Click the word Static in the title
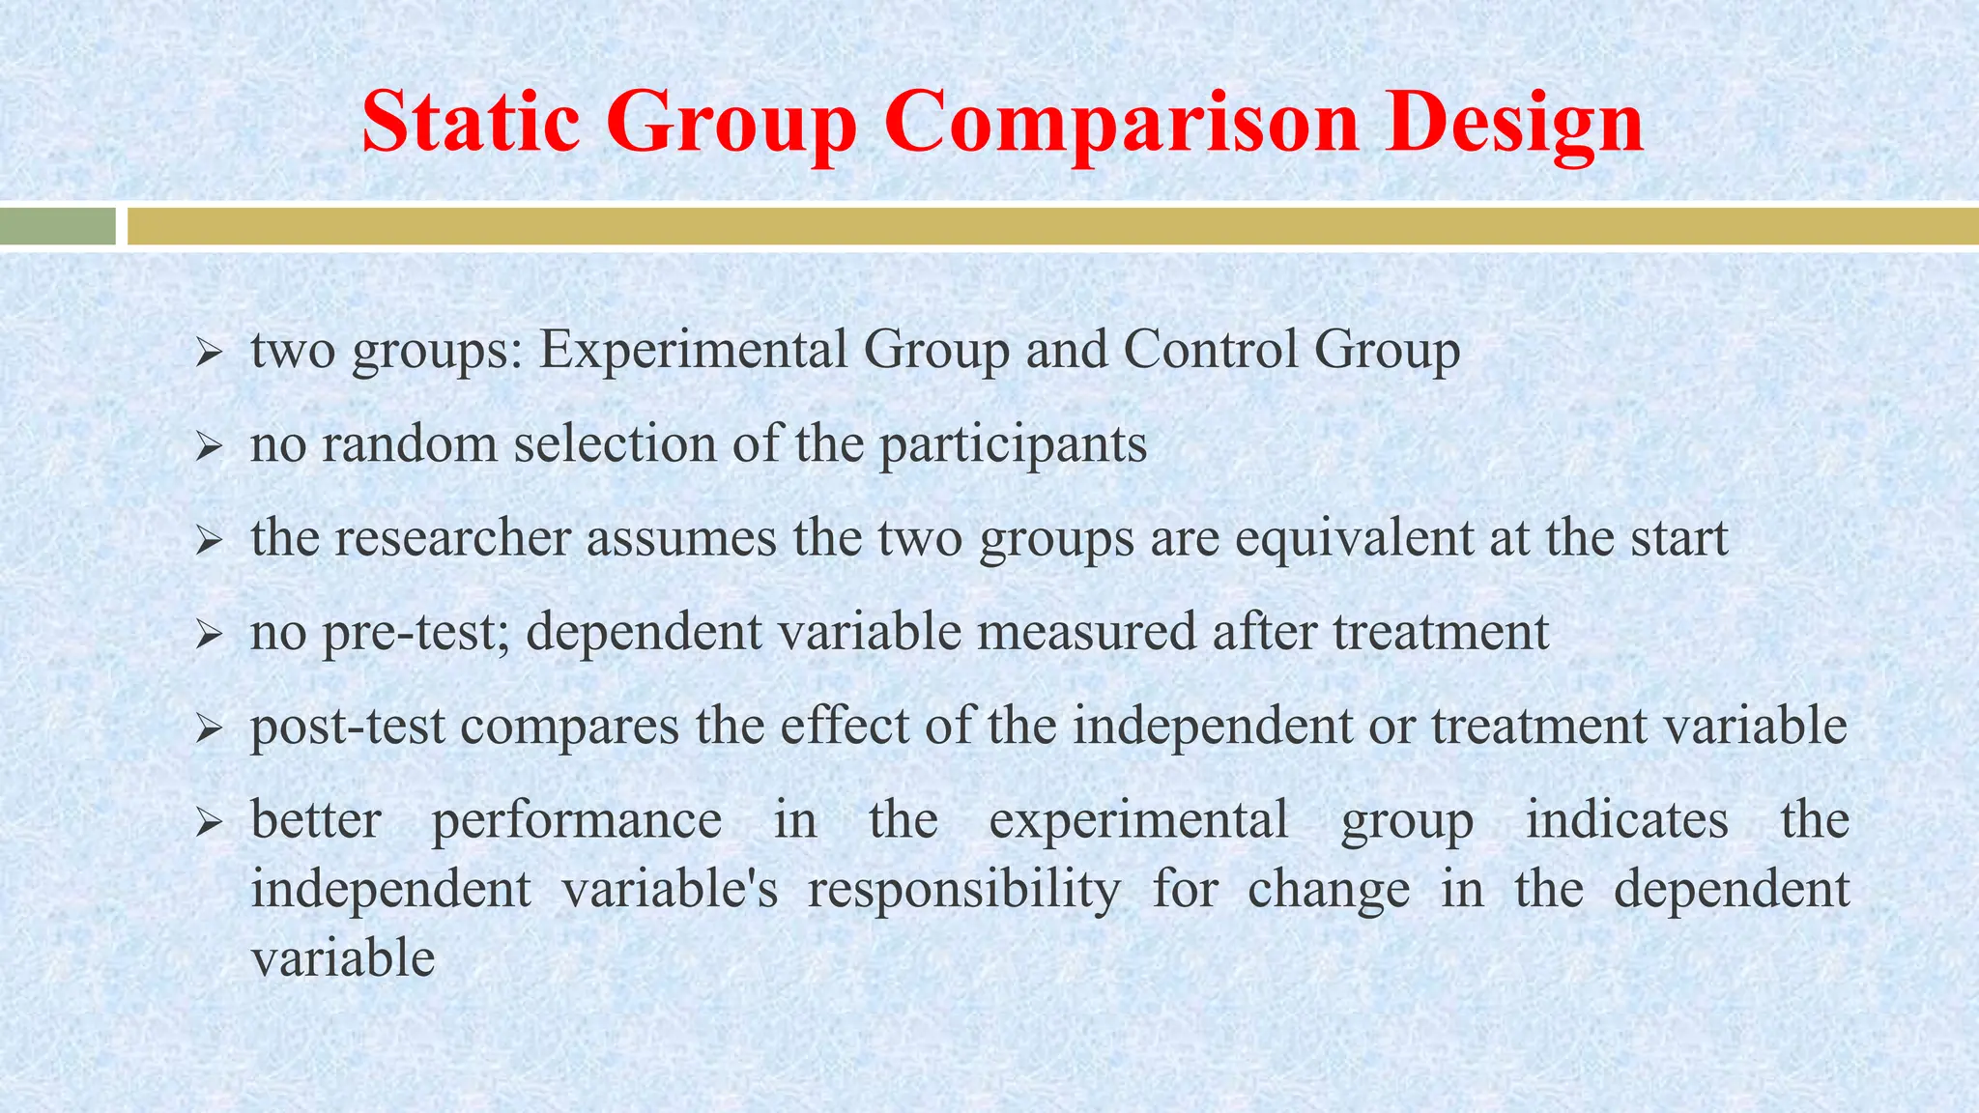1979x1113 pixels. (x=472, y=122)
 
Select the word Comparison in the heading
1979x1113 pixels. (x=1121, y=124)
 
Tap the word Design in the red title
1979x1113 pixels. (x=1514, y=124)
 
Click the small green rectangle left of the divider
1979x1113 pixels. (x=57, y=227)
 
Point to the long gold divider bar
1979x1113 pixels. (x=1052, y=227)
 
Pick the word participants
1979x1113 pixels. (x=1013, y=445)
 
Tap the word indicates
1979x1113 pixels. (x=1626, y=819)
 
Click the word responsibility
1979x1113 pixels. (x=964, y=890)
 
